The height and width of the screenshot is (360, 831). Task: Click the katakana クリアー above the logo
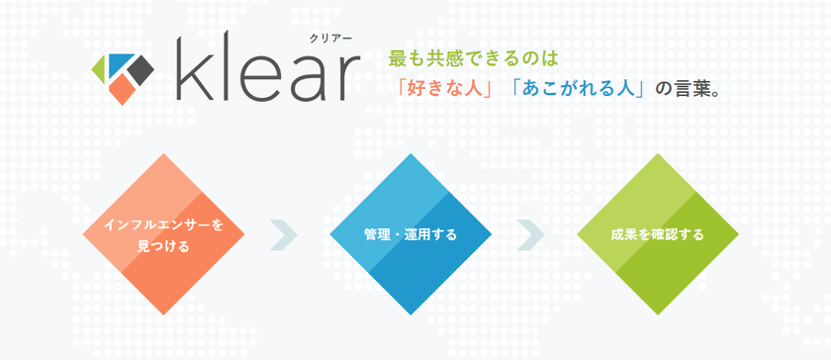[x=330, y=38]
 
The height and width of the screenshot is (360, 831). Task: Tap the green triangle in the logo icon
[x=100, y=69]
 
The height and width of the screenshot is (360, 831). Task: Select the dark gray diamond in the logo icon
[x=139, y=70]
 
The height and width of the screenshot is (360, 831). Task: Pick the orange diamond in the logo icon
[x=121, y=89]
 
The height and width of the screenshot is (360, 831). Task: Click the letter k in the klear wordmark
[x=195, y=69]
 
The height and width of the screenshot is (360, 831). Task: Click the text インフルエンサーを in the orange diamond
[x=163, y=225]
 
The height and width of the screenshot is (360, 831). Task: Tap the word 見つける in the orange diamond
[x=163, y=246]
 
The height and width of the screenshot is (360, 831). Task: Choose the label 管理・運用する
[x=411, y=234]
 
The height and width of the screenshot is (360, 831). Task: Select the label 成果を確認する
[x=657, y=234]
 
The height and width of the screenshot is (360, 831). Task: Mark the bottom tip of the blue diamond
[x=411, y=315]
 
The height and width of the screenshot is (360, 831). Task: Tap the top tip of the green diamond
[x=658, y=153]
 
